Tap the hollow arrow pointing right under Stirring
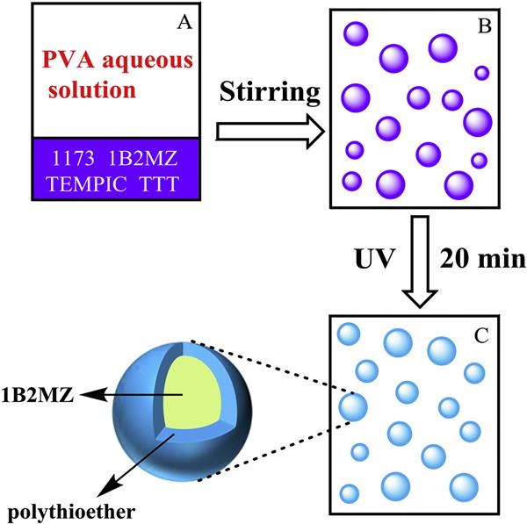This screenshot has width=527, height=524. pyautogui.click(x=269, y=133)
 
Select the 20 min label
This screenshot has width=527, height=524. pyautogui.click(x=481, y=260)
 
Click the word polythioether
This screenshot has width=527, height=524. pyautogui.click(x=54, y=509)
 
